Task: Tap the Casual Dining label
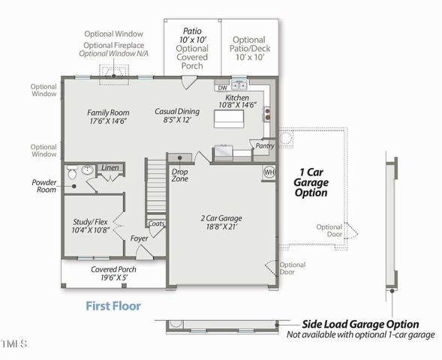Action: (x=177, y=115)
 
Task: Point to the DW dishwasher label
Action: (x=223, y=88)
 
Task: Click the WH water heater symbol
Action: (x=269, y=172)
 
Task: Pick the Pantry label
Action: (x=263, y=145)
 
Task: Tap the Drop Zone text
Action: (x=180, y=176)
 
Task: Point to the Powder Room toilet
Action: (x=72, y=174)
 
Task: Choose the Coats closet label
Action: (x=156, y=223)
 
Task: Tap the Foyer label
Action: (x=140, y=238)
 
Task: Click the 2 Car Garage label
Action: (x=221, y=223)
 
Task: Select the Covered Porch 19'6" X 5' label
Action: (x=113, y=274)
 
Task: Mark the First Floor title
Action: (x=113, y=306)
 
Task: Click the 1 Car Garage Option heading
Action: (x=310, y=181)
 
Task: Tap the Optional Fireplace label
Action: (x=114, y=45)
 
